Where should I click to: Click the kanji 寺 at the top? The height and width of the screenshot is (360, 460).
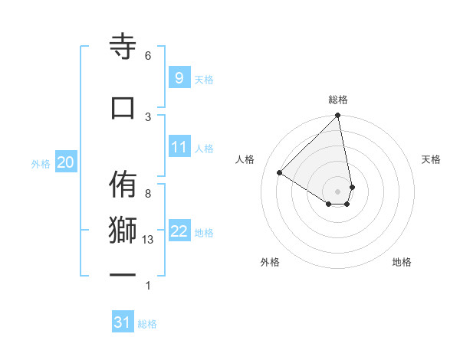coord(123,47)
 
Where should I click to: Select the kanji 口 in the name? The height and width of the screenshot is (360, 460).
coord(123,108)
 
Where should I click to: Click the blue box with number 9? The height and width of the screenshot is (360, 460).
coord(179,78)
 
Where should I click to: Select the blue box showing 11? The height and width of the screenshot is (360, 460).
coord(179,147)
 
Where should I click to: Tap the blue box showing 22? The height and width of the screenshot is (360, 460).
coord(179,231)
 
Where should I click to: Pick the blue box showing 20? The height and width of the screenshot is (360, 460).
coord(65,162)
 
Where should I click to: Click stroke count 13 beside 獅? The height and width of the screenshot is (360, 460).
coord(149,240)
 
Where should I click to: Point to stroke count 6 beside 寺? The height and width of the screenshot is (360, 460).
coord(148,56)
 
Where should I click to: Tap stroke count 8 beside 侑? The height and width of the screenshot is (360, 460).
coord(148,194)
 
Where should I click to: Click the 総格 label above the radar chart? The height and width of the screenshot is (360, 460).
coord(338,100)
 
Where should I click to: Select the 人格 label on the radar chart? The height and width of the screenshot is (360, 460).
coord(245,159)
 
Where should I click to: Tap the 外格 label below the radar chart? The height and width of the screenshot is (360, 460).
coord(270,262)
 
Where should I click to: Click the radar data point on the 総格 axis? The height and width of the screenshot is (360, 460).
coord(338,116)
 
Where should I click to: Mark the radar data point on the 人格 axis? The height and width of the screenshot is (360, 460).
coord(280,173)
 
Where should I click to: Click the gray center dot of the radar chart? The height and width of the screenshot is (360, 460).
coord(338,191)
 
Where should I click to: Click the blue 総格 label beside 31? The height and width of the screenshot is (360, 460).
coord(147,324)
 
